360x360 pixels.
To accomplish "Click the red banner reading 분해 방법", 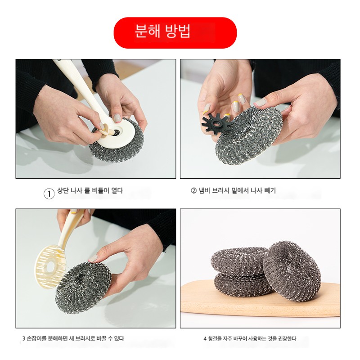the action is coord(175,33).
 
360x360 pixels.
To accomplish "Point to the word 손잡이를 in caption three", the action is coord(36,338).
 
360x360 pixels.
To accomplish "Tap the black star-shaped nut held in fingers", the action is coord(216,124).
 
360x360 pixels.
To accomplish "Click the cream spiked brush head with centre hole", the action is coord(50,266).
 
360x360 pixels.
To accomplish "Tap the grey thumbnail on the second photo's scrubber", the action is coord(260,103).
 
